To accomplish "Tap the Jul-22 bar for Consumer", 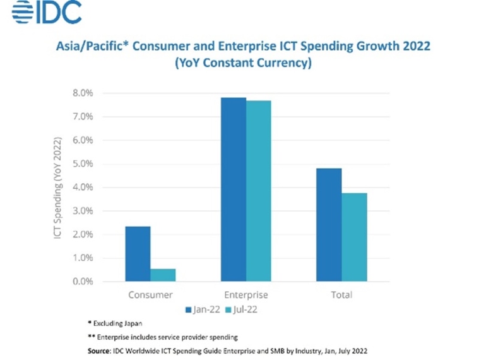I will coord(163,275).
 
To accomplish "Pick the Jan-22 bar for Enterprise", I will coord(233,189).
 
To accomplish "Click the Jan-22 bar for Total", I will coord(329,225).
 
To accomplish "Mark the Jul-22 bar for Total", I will coord(354,237).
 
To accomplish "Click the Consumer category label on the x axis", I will coord(150,295).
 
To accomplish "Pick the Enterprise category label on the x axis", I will coord(246,295).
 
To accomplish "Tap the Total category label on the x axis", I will coord(341,295).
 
